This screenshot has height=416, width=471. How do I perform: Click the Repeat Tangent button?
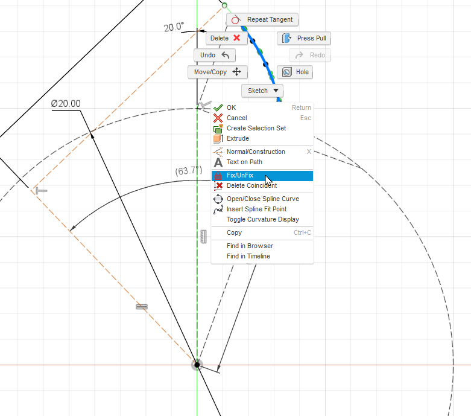point(262,20)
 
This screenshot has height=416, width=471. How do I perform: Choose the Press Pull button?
point(304,39)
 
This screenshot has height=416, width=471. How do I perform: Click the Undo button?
point(215,55)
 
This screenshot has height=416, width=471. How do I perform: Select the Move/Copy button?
point(217,72)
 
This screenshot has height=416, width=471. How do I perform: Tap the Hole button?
point(295,72)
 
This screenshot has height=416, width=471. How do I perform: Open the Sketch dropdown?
point(262,91)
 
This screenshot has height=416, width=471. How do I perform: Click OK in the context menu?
point(232,107)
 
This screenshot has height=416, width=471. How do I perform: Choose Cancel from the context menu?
point(236,118)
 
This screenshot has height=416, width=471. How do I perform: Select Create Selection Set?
point(256,128)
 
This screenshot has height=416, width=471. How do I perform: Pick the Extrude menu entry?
point(238,138)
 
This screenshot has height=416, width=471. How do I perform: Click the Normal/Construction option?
point(256,152)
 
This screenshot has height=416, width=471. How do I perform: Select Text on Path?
point(244,162)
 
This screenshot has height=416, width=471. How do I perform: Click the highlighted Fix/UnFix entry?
point(240,176)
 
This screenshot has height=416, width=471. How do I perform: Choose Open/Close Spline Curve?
point(262,199)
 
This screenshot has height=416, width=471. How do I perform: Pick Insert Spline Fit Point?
point(256,209)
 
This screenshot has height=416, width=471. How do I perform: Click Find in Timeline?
point(248,256)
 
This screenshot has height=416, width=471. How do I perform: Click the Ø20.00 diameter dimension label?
point(66,104)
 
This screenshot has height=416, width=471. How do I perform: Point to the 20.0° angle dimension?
point(174,27)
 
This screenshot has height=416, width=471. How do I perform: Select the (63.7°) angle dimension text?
point(188,171)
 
